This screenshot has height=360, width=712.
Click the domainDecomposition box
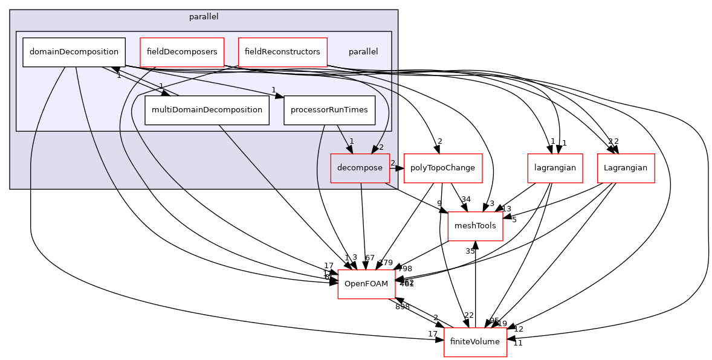[74, 52]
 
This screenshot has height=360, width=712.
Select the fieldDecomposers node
[182, 52]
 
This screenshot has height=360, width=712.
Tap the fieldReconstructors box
[282, 52]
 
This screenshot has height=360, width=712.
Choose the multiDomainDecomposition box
[207, 110]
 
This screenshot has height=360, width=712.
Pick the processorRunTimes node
[329, 110]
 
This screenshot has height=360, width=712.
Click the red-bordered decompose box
[360, 168]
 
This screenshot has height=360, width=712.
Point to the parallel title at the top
[204, 17]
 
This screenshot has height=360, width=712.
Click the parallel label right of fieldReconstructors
[363, 52]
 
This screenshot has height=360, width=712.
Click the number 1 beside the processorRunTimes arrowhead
[273, 89]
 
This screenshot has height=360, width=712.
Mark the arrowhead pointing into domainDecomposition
[115, 71]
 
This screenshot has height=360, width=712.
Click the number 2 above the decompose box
[381, 147]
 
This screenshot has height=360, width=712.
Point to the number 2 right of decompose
[392, 163]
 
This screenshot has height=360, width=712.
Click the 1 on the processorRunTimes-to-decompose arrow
[351, 141]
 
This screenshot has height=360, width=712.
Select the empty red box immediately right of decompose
[443, 168]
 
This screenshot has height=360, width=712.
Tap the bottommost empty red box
[475, 342]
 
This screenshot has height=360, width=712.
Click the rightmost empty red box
[626, 168]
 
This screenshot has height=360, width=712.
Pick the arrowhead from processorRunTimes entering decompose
[349, 149]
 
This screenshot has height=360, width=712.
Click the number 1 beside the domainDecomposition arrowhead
[119, 76]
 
